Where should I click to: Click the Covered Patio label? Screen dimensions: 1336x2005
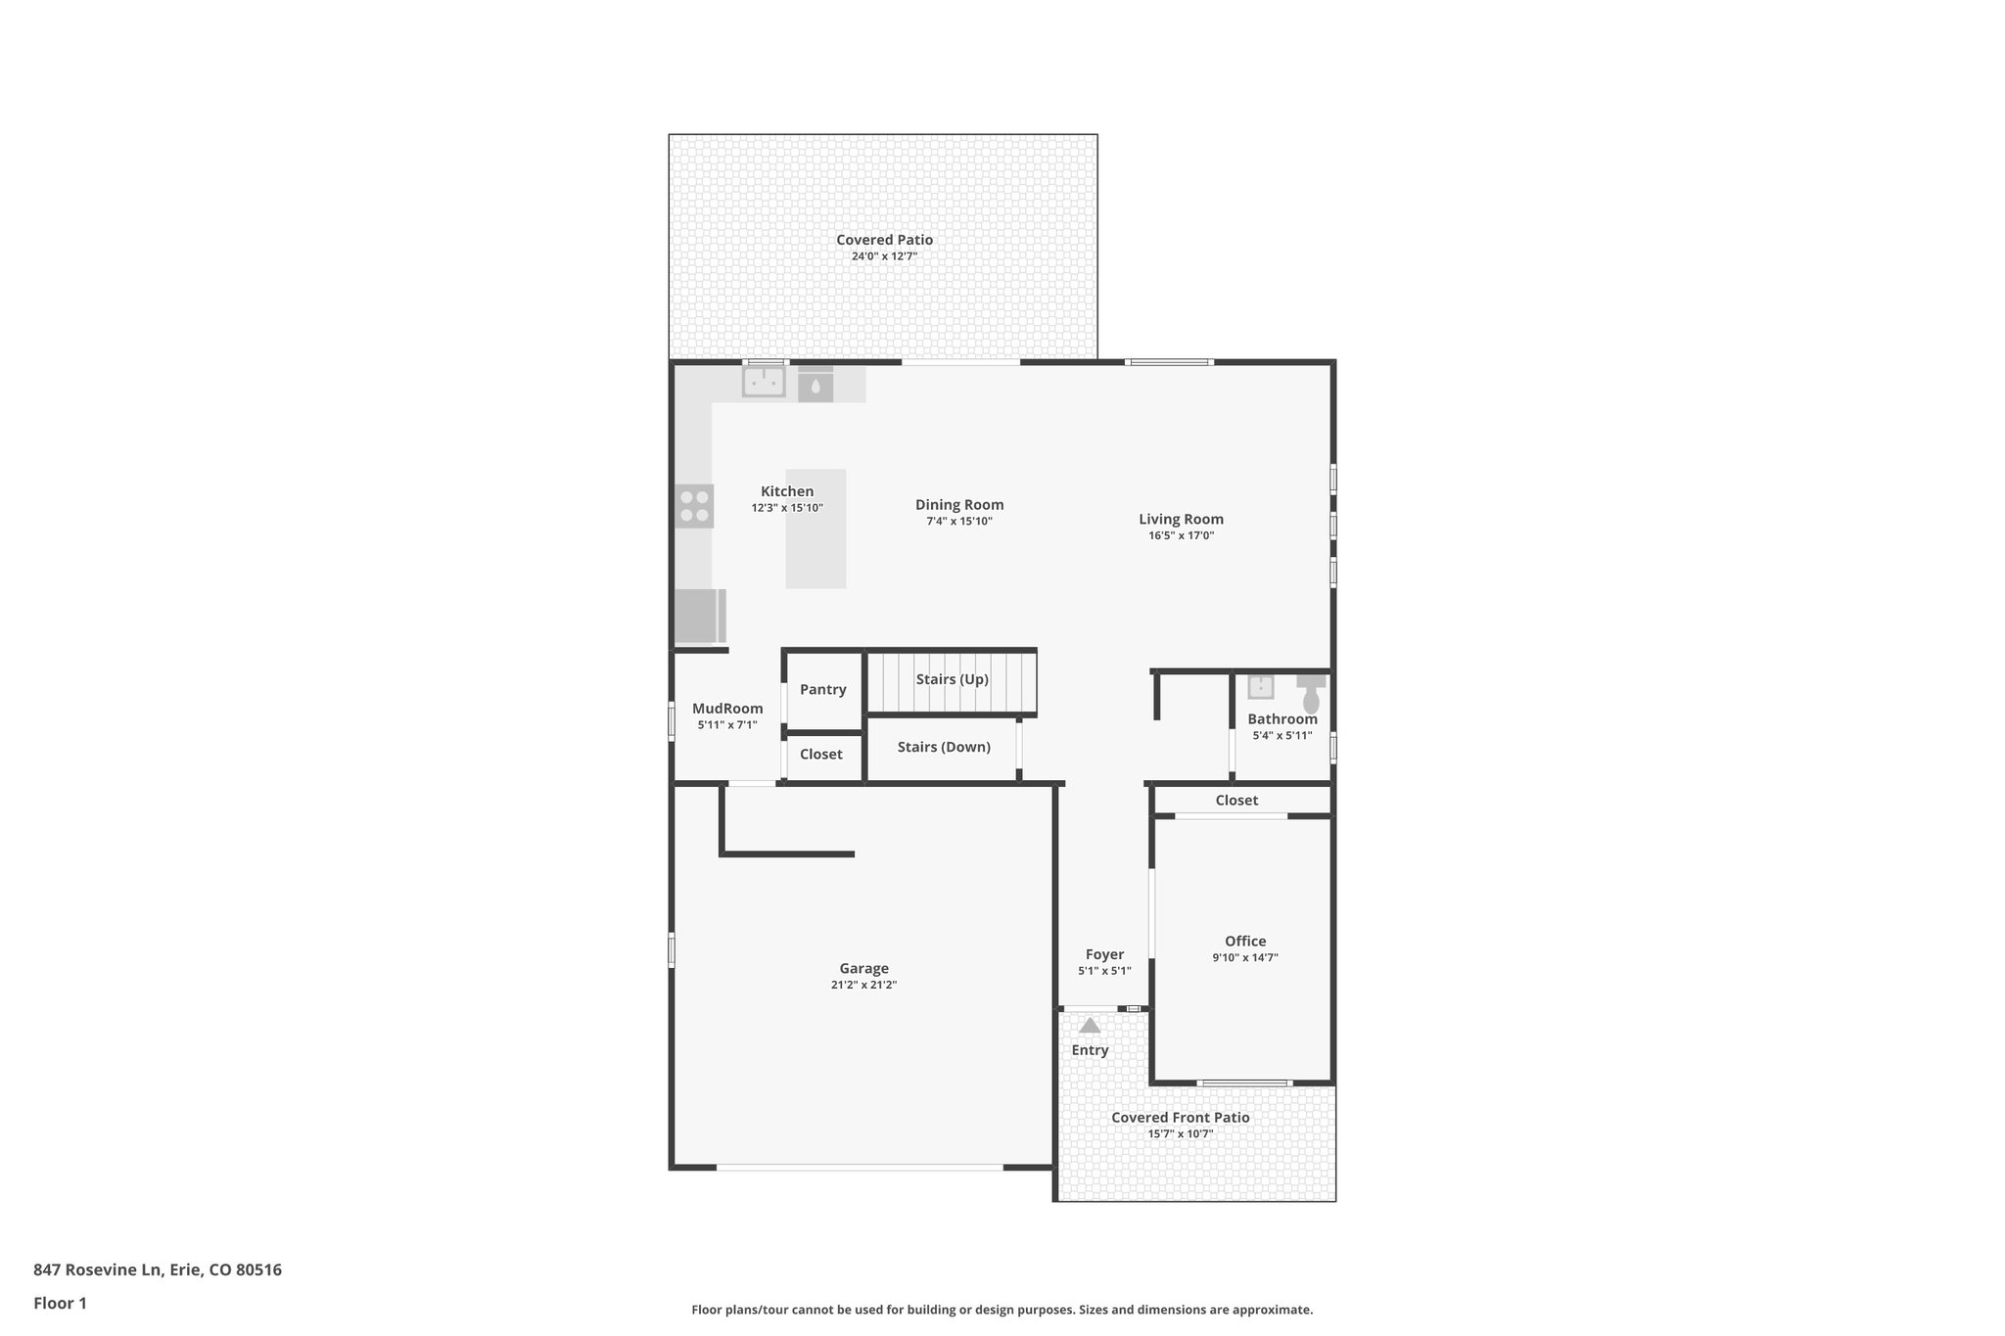click(884, 240)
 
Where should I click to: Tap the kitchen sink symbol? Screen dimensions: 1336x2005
click(764, 382)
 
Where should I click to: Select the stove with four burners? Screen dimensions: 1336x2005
click(694, 506)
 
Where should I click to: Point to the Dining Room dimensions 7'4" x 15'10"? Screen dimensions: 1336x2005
click(959, 522)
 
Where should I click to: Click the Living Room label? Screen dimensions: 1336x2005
click(1181, 520)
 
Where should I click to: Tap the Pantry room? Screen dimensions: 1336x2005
click(822, 689)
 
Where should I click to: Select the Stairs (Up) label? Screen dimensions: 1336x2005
click(952, 679)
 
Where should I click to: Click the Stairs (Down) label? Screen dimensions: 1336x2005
click(944, 747)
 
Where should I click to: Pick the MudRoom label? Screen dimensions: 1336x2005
click(727, 709)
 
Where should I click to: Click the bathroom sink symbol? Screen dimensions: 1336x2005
click(1261, 687)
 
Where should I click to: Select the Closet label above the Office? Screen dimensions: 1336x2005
click(1236, 801)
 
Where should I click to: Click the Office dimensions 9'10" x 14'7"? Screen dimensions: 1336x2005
click(1244, 958)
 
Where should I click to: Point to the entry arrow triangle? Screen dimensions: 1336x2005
click(1090, 1026)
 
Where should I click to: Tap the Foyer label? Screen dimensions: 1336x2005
click(1104, 954)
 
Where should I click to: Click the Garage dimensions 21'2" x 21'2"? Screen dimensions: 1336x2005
click(863, 985)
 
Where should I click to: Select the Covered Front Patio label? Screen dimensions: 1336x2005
click(1180, 1118)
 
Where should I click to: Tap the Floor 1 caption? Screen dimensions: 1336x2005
click(60, 1303)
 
